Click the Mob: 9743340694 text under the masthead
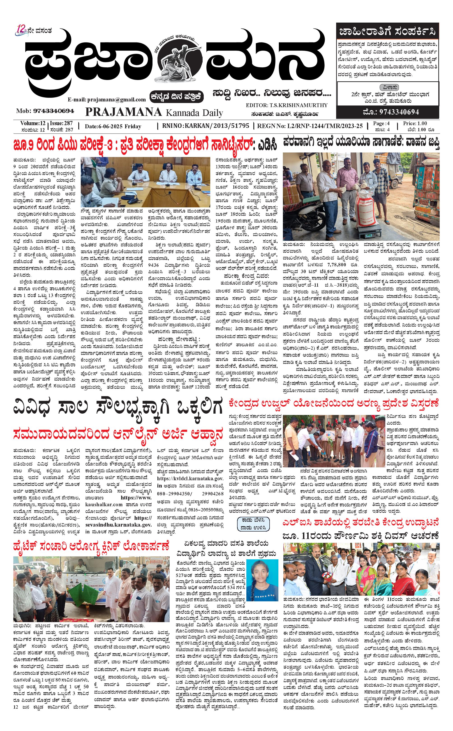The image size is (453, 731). (x=45, y=111)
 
